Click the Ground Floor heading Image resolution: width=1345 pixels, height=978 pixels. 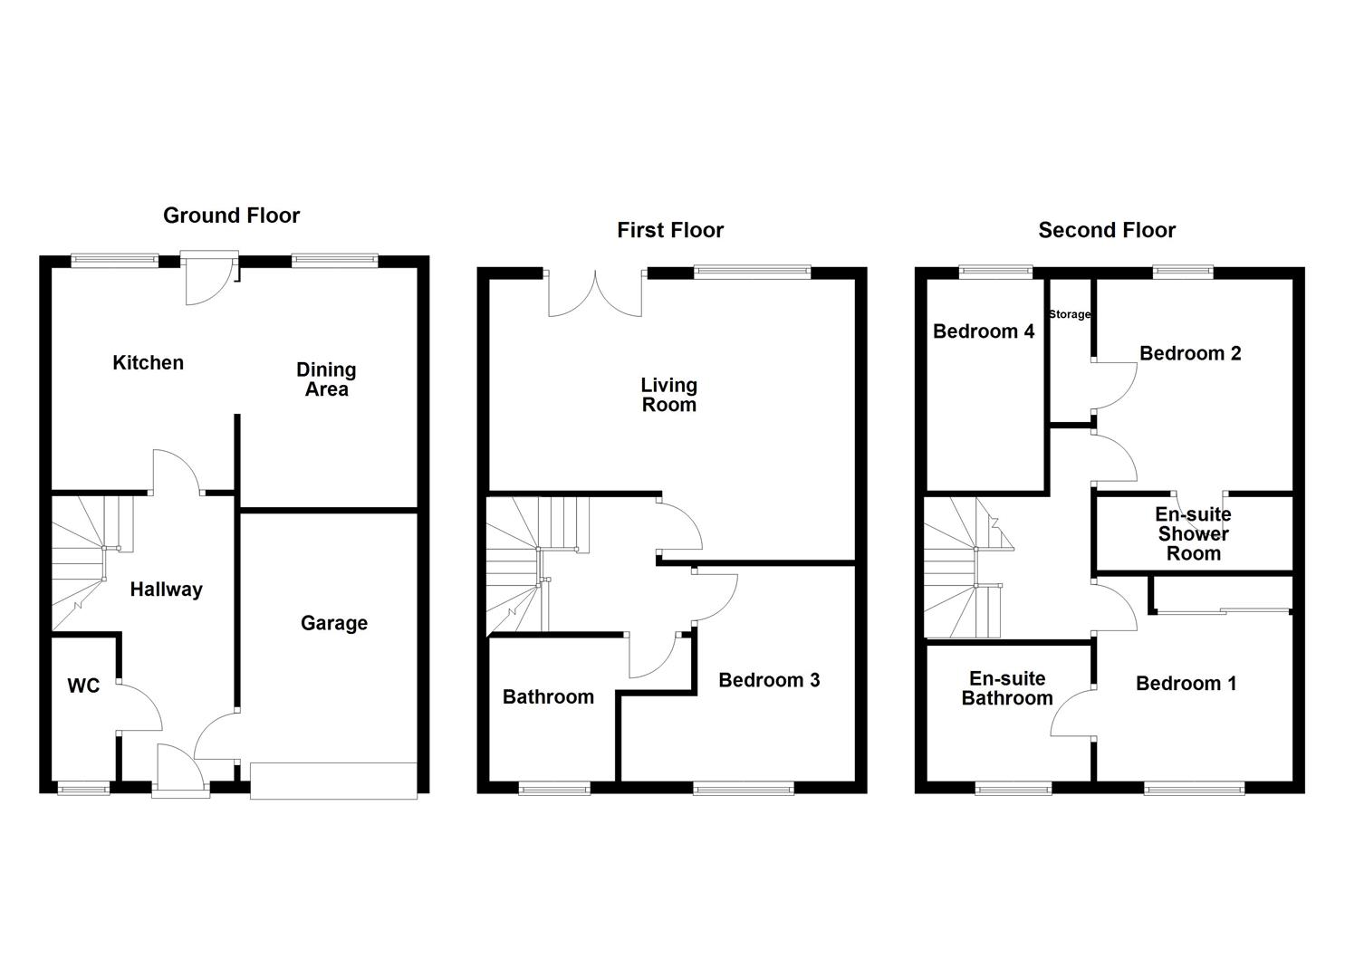point(231,216)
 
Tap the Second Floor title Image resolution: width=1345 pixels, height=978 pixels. point(1106,230)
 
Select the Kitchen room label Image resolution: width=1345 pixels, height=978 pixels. point(148,363)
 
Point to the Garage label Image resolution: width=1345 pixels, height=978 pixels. point(334,623)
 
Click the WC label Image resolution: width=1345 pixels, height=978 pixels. point(83,686)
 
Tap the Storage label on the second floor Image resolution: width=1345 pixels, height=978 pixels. point(1070,314)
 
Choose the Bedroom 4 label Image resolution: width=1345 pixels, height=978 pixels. point(984,331)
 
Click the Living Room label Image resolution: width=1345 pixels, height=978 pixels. point(669,395)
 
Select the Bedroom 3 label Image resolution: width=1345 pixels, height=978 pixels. point(769,680)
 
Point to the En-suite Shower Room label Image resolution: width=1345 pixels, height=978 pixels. point(1193,534)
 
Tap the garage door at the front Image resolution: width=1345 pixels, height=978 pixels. point(333,781)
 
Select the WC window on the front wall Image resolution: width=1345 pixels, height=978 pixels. point(83,789)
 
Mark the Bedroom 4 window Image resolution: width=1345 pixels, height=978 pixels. point(995,269)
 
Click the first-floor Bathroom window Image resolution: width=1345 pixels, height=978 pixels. point(554,789)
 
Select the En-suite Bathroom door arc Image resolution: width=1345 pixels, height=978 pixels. point(1071,715)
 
